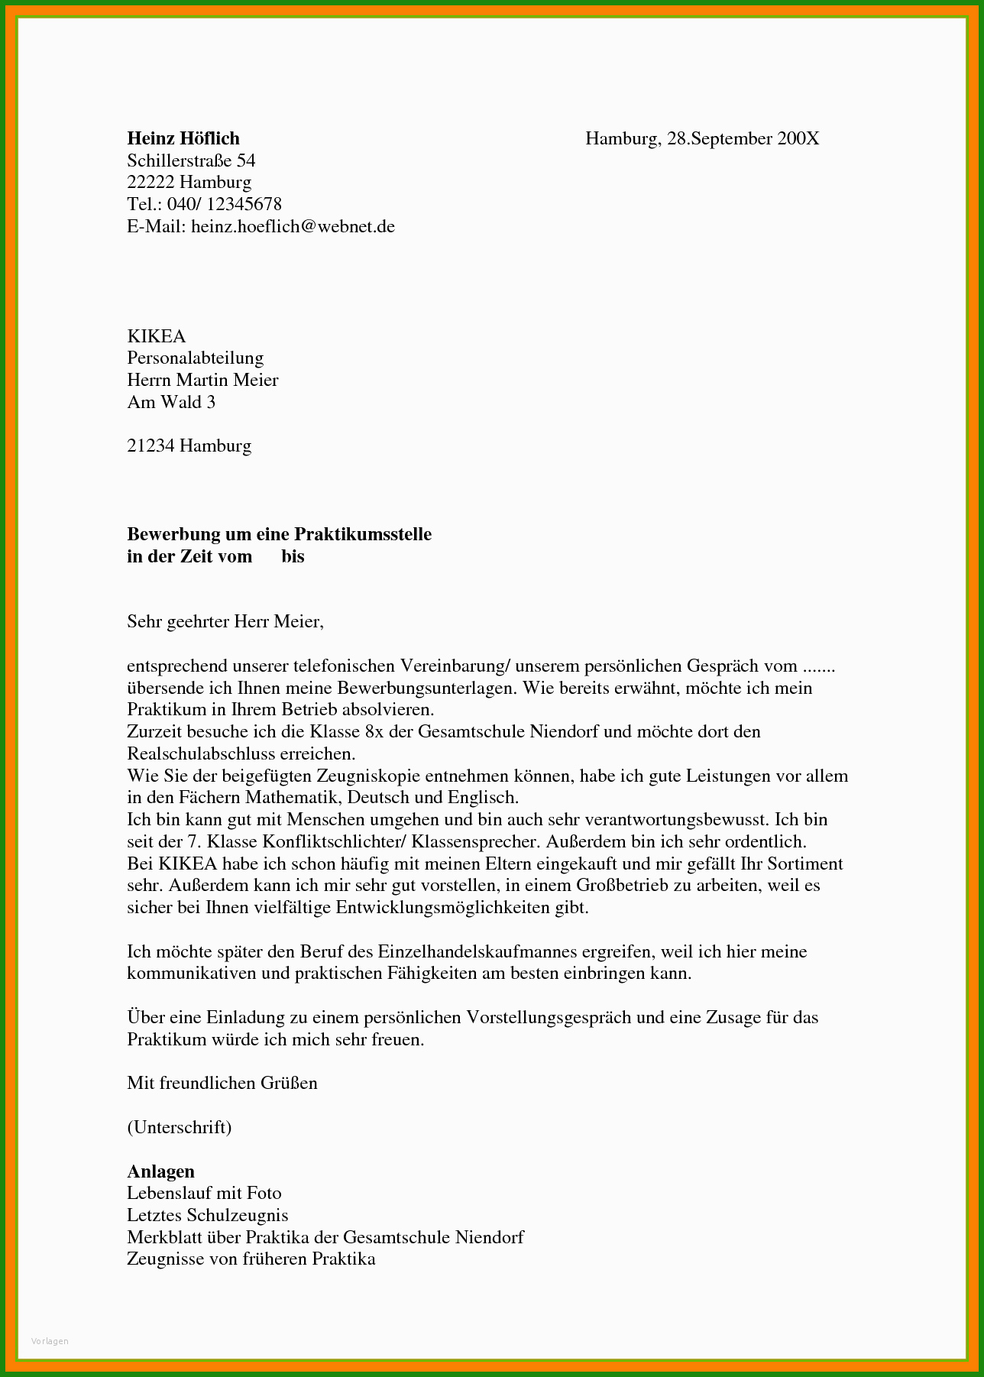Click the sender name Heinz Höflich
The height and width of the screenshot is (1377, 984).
[x=183, y=138]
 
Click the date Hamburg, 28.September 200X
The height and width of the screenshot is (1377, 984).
[x=701, y=138]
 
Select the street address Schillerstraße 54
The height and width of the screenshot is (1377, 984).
[x=191, y=160]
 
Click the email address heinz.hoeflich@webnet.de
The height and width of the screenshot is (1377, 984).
[x=293, y=226]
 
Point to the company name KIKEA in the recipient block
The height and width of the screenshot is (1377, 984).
[x=156, y=336]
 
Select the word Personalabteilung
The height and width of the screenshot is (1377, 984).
[x=195, y=358]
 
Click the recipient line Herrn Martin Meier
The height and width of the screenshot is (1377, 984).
[x=202, y=380]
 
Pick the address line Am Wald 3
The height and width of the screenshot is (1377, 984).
[x=171, y=402]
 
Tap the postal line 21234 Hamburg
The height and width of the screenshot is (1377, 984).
[x=189, y=446]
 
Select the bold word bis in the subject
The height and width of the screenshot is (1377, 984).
[x=293, y=556]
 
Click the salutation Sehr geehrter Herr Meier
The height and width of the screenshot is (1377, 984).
[x=225, y=621]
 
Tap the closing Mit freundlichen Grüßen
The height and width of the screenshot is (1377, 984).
[x=222, y=1083]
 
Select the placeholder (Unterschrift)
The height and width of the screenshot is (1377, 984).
[x=179, y=1127]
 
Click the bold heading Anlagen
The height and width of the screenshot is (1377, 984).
[x=160, y=1171]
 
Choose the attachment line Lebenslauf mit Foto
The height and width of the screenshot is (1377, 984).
[x=204, y=1193]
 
